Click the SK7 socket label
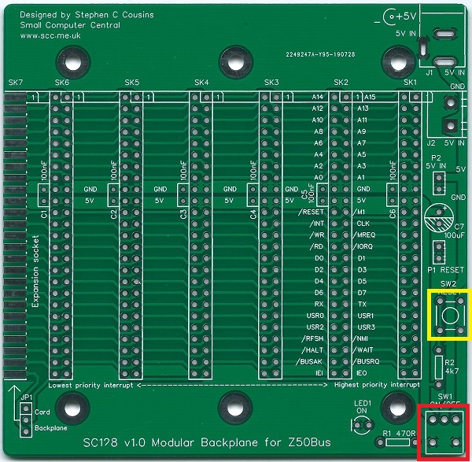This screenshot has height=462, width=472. pos(16,83)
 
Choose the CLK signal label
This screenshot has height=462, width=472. pos(363,224)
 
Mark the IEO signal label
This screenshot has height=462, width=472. pos(362,372)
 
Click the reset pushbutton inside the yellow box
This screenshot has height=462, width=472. pos(447,314)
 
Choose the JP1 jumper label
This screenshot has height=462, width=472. pos(27,398)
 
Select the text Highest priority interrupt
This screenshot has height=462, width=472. pos(373,386)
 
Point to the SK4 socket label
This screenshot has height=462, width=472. pos(201,83)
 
